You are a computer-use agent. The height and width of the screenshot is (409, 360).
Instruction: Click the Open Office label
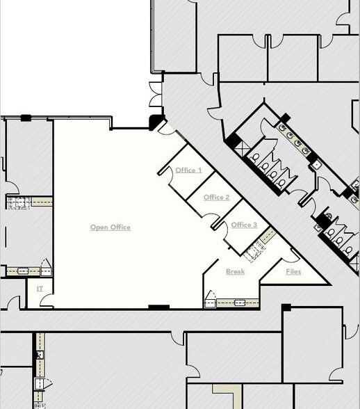[110, 227]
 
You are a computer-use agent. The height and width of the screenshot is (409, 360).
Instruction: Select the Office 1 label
[188, 170]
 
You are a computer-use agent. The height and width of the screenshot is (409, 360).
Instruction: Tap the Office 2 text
[216, 198]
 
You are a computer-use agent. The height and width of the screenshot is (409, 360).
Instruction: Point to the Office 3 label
[244, 225]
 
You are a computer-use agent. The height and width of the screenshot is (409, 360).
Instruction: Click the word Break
[235, 271]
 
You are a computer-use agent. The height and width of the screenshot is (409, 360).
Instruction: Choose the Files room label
[293, 271]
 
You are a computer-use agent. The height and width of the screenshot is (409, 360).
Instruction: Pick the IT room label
[40, 288]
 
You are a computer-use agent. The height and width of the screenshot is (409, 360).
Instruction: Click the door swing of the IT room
[47, 300]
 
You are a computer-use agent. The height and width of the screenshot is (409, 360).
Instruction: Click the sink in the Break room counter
[240, 303]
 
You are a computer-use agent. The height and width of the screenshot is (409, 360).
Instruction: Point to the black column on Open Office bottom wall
[158, 307]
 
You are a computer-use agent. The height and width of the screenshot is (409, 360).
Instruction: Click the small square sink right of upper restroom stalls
[317, 165]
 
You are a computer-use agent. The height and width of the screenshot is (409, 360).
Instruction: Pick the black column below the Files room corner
[286, 307]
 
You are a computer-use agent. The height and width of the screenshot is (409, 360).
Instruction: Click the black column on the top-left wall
[26, 118]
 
